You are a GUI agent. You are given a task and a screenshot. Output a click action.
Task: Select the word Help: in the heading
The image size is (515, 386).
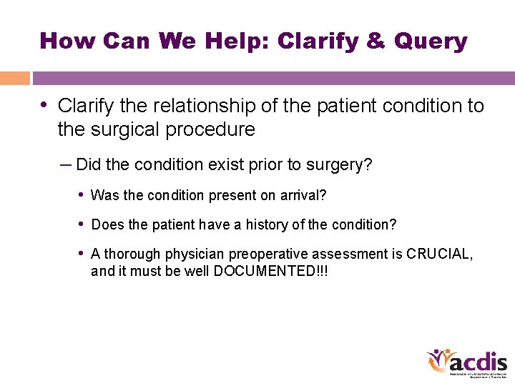(x=237, y=41)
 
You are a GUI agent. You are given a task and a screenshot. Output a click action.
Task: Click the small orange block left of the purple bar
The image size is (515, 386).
(x=14, y=78)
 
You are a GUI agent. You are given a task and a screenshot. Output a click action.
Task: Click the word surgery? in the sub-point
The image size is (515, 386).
(x=338, y=165)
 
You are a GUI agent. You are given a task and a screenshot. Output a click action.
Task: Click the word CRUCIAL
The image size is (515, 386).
(x=438, y=254)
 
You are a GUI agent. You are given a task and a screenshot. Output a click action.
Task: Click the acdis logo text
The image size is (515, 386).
(x=479, y=361)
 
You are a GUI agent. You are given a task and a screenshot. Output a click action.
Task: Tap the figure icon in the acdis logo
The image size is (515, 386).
(x=438, y=360)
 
